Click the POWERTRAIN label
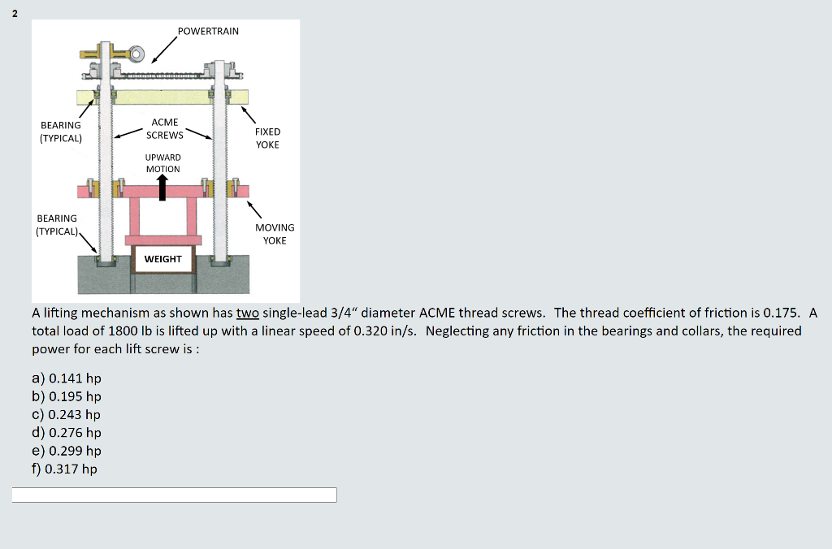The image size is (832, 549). coord(208,32)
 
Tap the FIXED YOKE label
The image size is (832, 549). coord(267,138)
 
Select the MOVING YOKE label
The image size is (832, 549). coord(275,234)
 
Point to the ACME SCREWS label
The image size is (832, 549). coord(164,128)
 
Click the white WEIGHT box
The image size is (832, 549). coord(162,259)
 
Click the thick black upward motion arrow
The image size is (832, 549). coord(162,188)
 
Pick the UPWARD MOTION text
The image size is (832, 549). coord(162,163)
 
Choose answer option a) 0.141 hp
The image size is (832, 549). coord(67,378)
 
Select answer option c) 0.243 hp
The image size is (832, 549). coord(67,414)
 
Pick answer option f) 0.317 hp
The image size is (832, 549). coord(65,469)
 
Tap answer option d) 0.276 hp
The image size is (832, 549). coord(67,432)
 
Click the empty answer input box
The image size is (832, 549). coord(174,495)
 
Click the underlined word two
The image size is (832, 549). coord(247,313)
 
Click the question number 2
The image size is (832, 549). coord(15,14)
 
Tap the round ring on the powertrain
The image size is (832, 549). coord(136,54)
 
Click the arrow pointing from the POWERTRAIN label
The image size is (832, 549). coord(164,50)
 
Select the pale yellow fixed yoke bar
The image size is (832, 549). coord(162,97)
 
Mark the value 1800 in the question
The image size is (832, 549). coord(123,331)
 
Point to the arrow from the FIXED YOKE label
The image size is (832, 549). coord(249,115)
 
